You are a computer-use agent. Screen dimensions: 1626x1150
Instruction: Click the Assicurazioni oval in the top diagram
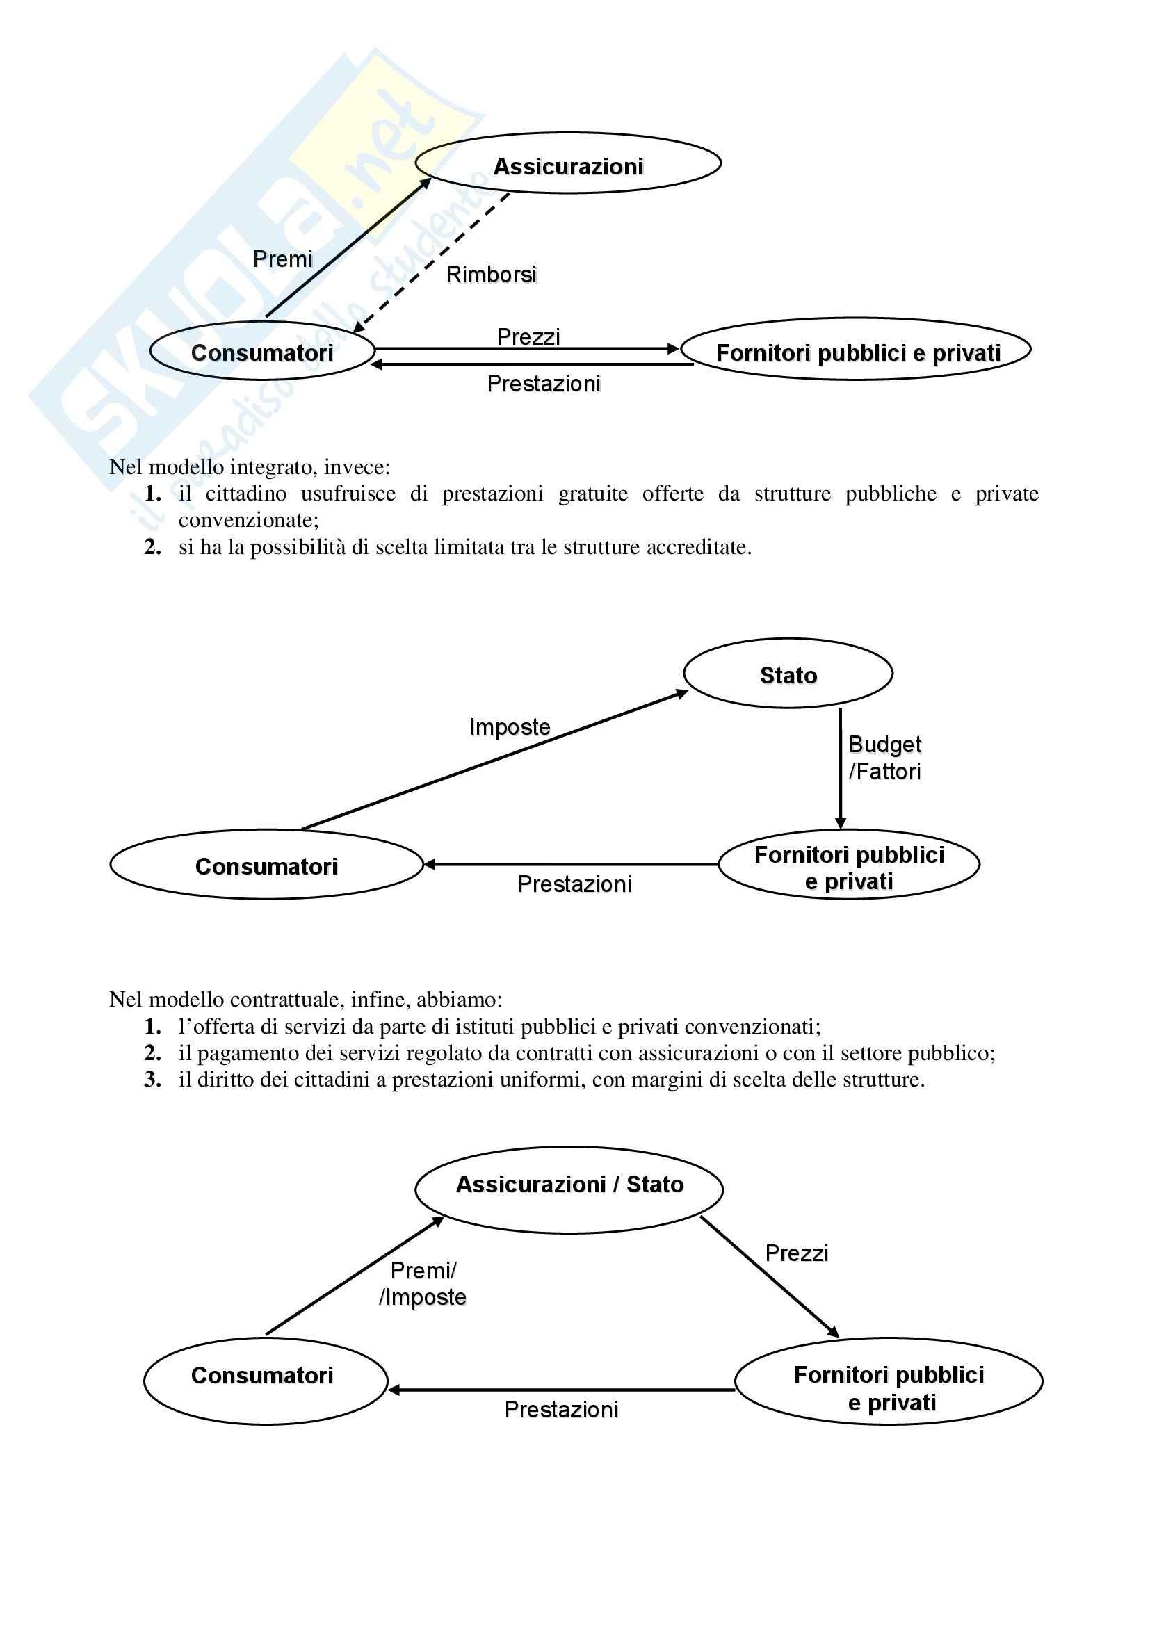568,163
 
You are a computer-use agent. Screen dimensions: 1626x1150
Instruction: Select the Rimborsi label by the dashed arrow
491,274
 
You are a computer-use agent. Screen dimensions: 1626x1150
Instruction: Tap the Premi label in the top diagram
282,259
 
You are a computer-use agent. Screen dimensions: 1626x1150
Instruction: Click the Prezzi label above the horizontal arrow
528,336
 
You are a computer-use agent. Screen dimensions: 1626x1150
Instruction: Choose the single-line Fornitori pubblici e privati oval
855,350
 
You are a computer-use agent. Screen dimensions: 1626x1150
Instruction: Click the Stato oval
788,674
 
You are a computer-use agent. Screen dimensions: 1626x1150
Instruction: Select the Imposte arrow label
510,726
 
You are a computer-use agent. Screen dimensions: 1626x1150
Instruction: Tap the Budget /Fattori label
884,758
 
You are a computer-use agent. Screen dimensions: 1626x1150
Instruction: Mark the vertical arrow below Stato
841,768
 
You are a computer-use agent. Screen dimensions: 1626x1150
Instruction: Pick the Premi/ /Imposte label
423,1284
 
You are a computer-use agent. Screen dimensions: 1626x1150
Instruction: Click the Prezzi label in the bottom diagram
797,1253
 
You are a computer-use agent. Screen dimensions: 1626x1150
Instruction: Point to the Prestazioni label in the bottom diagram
561,1409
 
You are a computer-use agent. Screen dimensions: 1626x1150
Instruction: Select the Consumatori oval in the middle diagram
266,865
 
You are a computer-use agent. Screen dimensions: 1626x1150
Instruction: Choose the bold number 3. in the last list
153,1080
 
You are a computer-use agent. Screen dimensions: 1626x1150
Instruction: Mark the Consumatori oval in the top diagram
262,351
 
